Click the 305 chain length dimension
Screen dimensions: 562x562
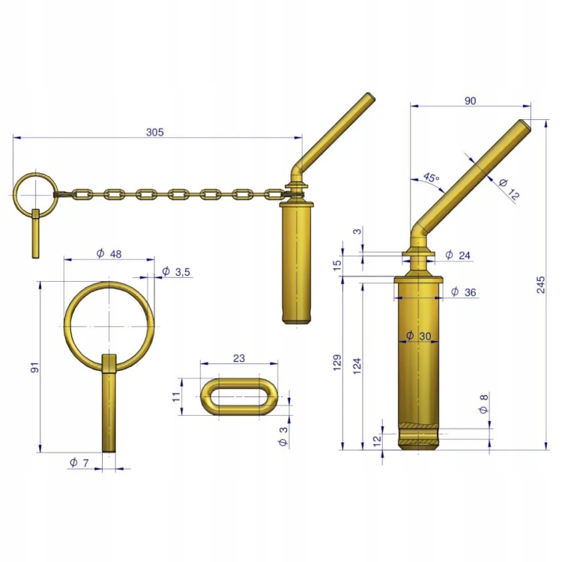155,132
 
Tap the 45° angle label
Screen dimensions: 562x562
431,178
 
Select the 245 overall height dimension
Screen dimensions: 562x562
541,285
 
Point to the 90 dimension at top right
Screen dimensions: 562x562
471,101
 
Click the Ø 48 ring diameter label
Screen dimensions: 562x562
109,254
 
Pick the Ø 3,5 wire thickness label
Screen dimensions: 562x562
176,272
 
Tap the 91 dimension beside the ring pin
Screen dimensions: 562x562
34,367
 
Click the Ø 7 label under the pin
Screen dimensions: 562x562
79,463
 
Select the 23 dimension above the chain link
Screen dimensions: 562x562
239,358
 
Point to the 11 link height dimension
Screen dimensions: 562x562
176,396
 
